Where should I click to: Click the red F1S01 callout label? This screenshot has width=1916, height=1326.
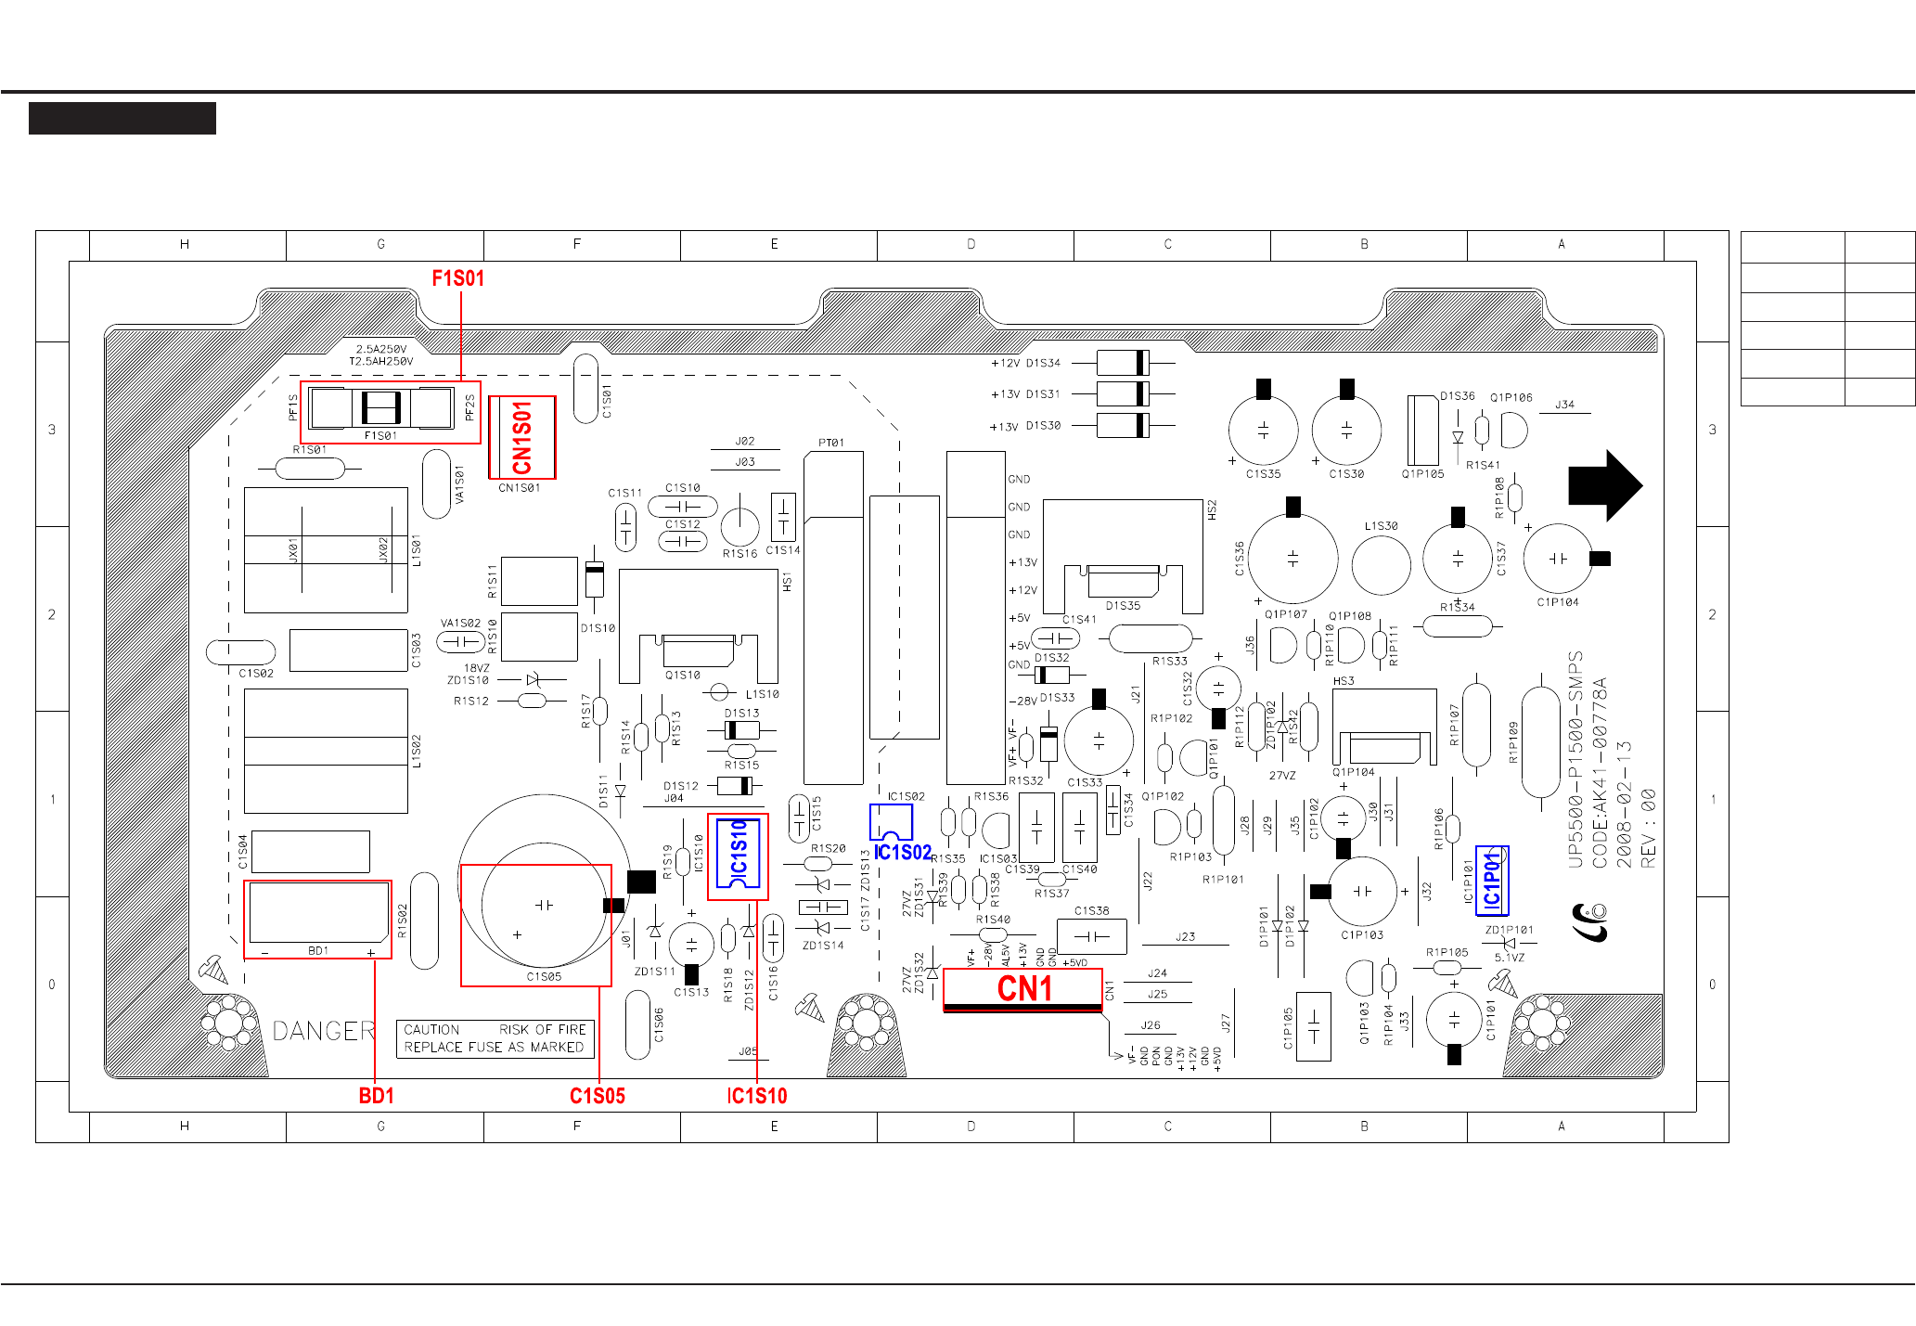(457, 278)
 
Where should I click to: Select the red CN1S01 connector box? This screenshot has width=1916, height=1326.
(522, 437)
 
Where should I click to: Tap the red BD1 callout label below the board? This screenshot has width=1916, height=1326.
(376, 1096)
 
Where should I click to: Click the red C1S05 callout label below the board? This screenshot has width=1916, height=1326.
(597, 1096)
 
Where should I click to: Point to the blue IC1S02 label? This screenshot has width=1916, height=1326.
(902, 852)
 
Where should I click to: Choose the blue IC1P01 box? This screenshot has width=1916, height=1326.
(1491, 881)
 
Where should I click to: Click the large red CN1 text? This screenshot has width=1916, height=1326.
(1024, 988)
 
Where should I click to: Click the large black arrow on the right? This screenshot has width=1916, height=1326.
(1604, 485)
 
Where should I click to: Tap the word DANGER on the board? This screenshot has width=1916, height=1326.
(324, 1031)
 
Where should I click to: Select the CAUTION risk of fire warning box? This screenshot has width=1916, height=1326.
(495, 1038)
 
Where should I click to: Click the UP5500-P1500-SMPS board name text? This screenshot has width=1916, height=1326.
(1575, 759)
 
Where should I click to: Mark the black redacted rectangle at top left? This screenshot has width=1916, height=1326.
(122, 119)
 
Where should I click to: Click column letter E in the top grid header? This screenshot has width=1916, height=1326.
(774, 244)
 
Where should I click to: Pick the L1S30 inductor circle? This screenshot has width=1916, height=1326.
(1381, 564)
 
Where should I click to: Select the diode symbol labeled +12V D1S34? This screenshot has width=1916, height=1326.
(1123, 363)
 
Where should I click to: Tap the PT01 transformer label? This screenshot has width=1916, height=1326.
(831, 443)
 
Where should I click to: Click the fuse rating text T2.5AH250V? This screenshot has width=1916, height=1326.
(380, 361)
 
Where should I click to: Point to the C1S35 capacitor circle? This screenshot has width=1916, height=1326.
(1263, 431)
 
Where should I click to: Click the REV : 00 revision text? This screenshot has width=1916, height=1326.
(1648, 829)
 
